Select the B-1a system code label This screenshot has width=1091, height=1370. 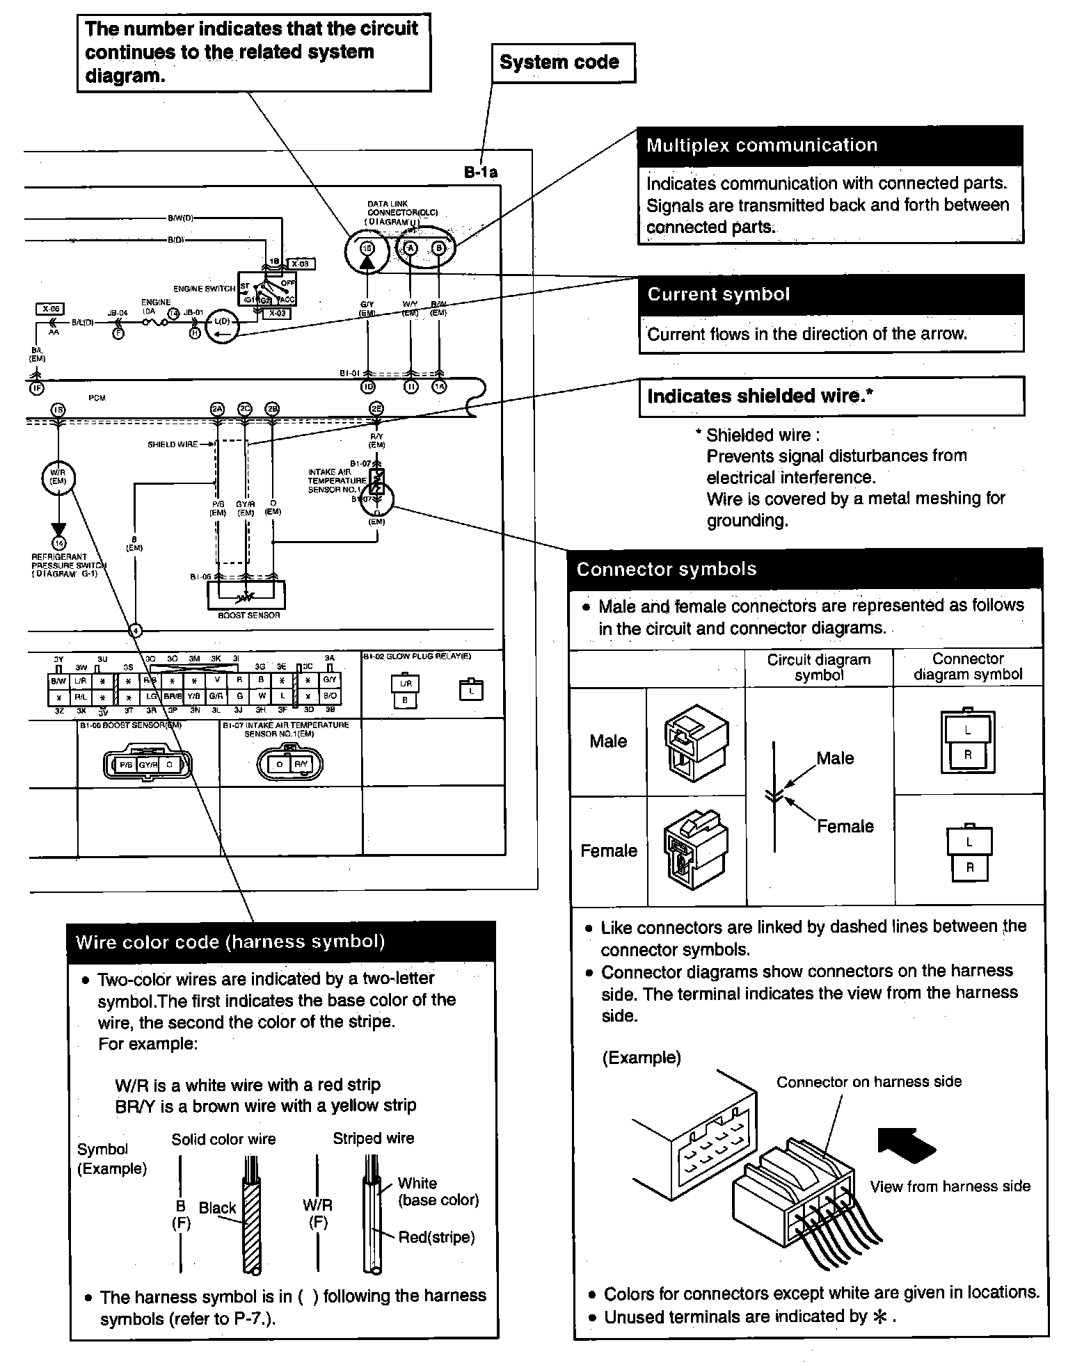[481, 172]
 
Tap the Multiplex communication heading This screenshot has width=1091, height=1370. [761, 145]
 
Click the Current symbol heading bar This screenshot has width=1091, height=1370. [831, 294]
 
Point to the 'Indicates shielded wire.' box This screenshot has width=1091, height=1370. [831, 396]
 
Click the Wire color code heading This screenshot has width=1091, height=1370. [230, 942]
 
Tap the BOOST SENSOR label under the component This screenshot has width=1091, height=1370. [248, 615]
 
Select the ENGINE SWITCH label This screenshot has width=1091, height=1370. [204, 289]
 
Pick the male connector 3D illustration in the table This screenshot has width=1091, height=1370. [696, 743]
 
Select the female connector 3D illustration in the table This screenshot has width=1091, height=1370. [696, 851]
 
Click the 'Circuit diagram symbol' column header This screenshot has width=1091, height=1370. [818, 667]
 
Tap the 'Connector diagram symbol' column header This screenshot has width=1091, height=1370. [967, 666]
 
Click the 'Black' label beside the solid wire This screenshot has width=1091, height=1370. [217, 1208]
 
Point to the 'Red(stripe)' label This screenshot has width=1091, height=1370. [436, 1237]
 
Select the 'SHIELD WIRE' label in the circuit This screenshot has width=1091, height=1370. [173, 444]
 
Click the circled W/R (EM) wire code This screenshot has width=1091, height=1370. [58, 477]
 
